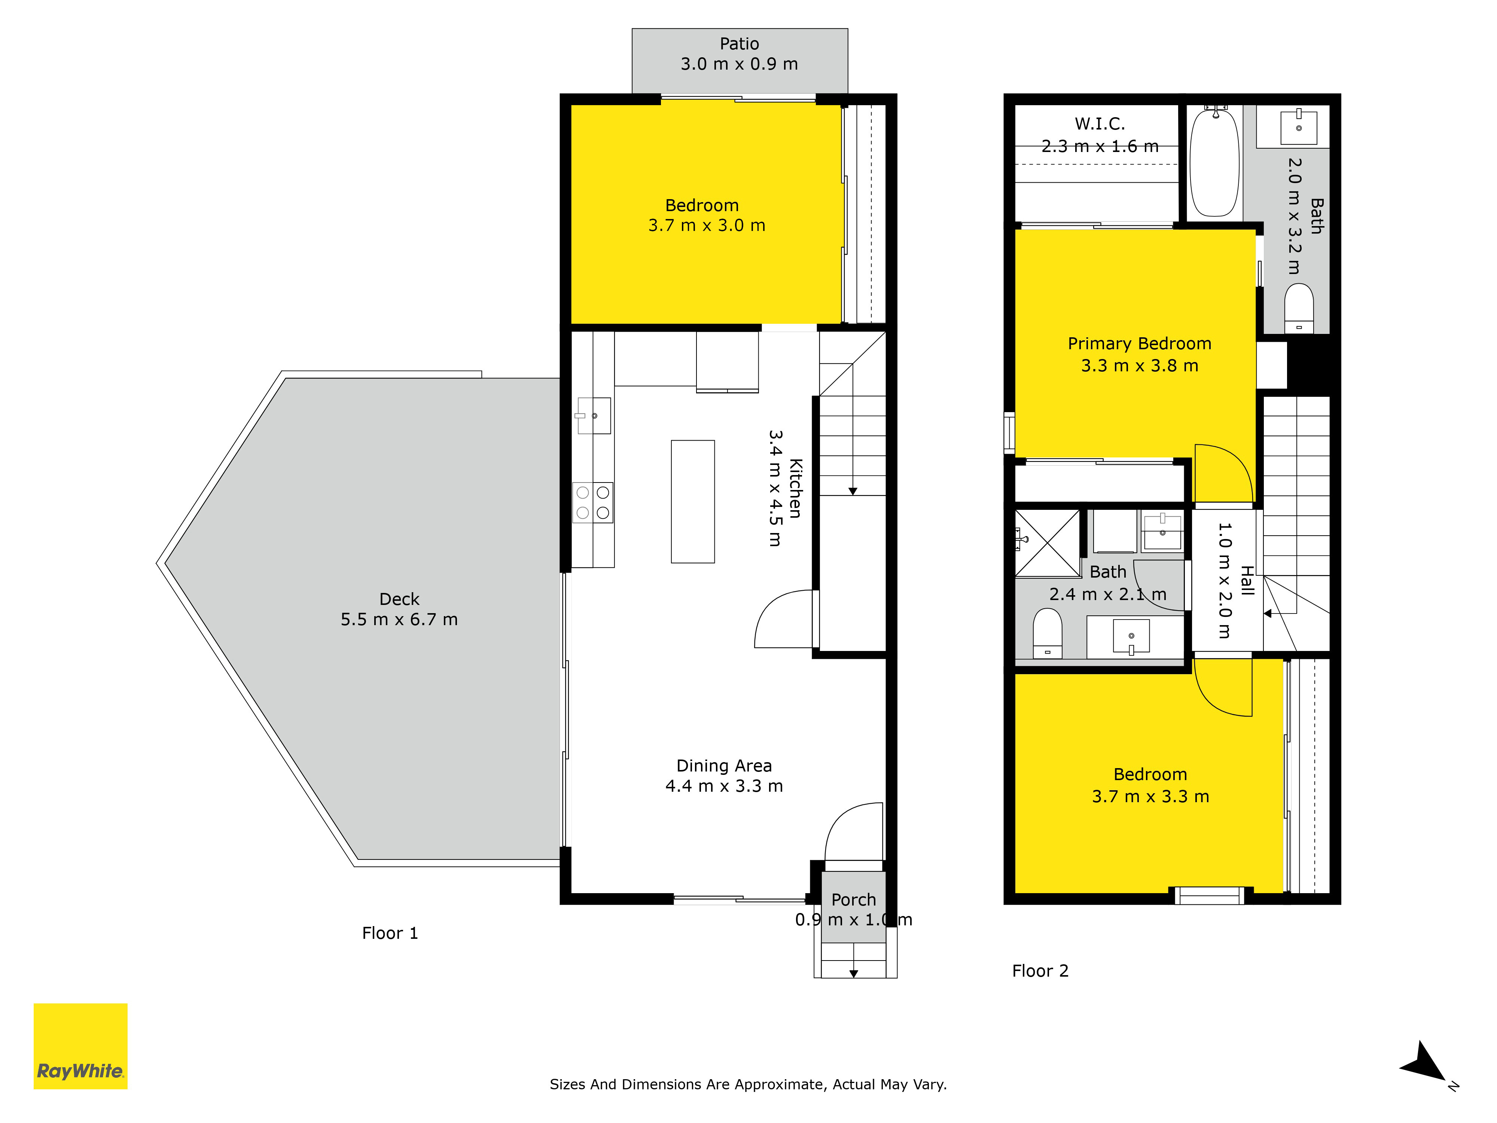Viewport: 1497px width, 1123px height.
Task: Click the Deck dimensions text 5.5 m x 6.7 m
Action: point(399,620)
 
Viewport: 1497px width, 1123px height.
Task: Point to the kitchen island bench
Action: point(692,502)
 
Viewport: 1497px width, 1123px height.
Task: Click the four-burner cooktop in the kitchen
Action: point(593,502)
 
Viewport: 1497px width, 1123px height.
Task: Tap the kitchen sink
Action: point(594,415)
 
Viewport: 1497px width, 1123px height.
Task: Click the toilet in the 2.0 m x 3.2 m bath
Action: point(1299,308)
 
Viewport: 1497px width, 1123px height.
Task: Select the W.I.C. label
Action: point(1100,124)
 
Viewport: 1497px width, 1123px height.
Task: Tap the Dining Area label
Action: point(724,766)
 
